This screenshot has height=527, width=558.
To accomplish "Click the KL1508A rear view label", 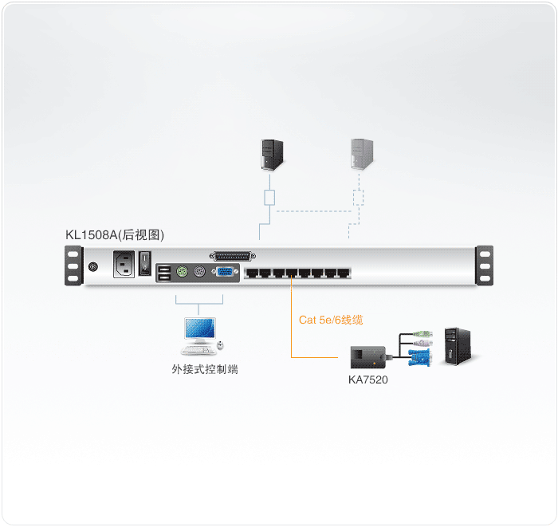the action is pos(115,235).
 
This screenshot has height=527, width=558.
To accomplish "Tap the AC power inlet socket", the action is pos(124,264).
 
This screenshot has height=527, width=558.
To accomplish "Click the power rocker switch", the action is pos(145,263).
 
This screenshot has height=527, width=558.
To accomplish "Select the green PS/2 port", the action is pos(183,272).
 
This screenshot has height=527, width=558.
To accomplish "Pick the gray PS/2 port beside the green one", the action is pos(199,272).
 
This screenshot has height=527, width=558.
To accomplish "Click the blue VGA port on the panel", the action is pos(225,272).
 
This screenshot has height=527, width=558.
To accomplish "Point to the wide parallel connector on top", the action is pos(233,256).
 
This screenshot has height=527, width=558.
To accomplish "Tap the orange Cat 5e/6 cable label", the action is pos(331,320).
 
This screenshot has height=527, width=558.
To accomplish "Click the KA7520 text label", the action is pos(368,380).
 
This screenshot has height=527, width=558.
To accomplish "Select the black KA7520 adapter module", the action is pos(368,357).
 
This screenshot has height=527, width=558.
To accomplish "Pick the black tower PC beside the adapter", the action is pos(458,346).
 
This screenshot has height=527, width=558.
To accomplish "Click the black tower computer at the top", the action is pos(273,155).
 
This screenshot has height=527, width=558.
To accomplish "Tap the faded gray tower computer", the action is pos(362,154).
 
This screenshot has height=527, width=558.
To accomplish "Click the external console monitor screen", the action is pos(199,328).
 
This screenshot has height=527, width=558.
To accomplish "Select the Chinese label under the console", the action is pos(205,369).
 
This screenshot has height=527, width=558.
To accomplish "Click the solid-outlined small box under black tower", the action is pos(269,198).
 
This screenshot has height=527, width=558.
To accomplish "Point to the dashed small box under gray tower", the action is pos(359,198).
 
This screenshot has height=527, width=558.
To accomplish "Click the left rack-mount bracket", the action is pos(73,265).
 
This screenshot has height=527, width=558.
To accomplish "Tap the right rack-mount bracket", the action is pos(485,265).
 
